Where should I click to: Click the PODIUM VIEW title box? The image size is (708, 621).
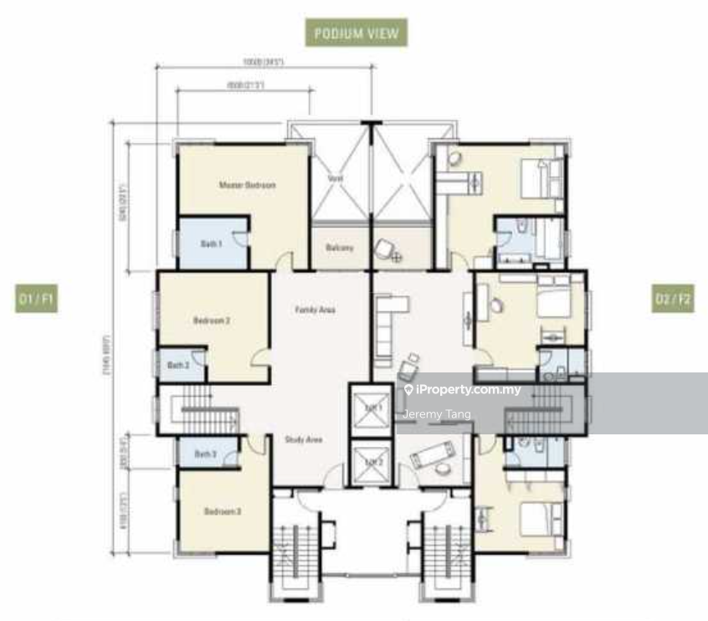[x=356, y=33]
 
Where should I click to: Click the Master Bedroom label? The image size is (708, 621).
[x=247, y=185]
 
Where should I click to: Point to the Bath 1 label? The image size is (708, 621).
[x=211, y=244]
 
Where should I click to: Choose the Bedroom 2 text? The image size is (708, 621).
[x=212, y=321]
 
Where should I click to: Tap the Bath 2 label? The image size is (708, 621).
[x=177, y=365]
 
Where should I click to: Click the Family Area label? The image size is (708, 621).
[x=315, y=310]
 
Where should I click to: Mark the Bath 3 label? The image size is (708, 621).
[x=205, y=454]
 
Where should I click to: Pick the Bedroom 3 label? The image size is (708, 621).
[x=223, y=511]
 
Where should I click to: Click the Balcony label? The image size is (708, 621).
[x=340, y=248]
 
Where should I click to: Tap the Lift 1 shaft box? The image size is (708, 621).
[x=371, y=408]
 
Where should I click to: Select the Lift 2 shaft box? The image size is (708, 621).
[x=371, y=462]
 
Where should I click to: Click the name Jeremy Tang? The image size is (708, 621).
[x=437, y=414]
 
